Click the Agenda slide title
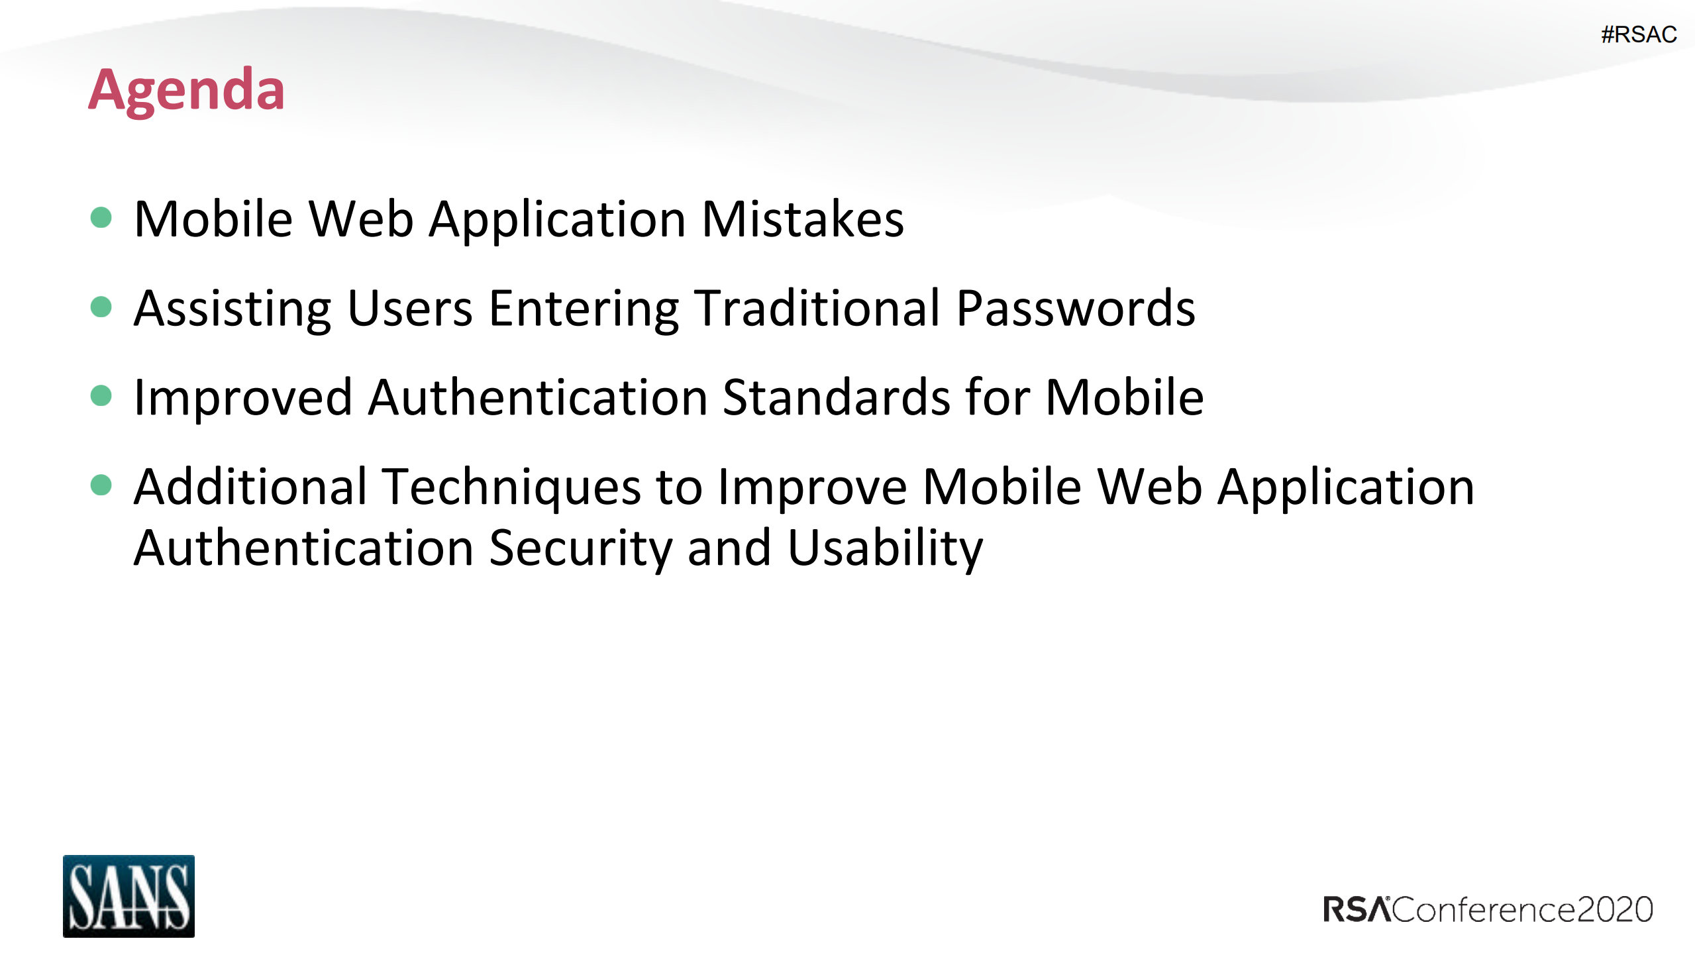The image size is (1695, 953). click(186, 90)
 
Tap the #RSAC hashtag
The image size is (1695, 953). click(1638, 34)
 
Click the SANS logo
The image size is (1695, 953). click(128, 895)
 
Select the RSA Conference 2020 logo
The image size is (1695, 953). click(1488, 909)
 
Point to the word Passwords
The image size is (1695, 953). click(1076, 309)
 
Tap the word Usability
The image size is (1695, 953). click(885, 548)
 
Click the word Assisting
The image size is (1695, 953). click(232, 309)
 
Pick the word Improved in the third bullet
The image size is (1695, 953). click(242, 397)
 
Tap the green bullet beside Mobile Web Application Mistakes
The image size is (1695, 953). click(101, 217)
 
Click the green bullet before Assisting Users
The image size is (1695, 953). click(101, 307)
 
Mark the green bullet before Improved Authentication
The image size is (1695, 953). click(101, 395)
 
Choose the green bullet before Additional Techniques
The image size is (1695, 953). click(101, 485)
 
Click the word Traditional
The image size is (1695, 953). click(817, 309)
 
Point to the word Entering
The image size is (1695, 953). click(584, 309)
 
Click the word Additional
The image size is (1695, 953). click(250, 487)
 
